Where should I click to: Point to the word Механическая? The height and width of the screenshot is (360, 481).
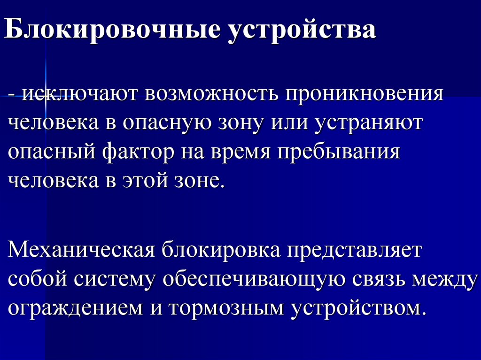(82, 249)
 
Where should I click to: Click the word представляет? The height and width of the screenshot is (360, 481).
(356, 249)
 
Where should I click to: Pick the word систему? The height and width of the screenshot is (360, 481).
(118, 279)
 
